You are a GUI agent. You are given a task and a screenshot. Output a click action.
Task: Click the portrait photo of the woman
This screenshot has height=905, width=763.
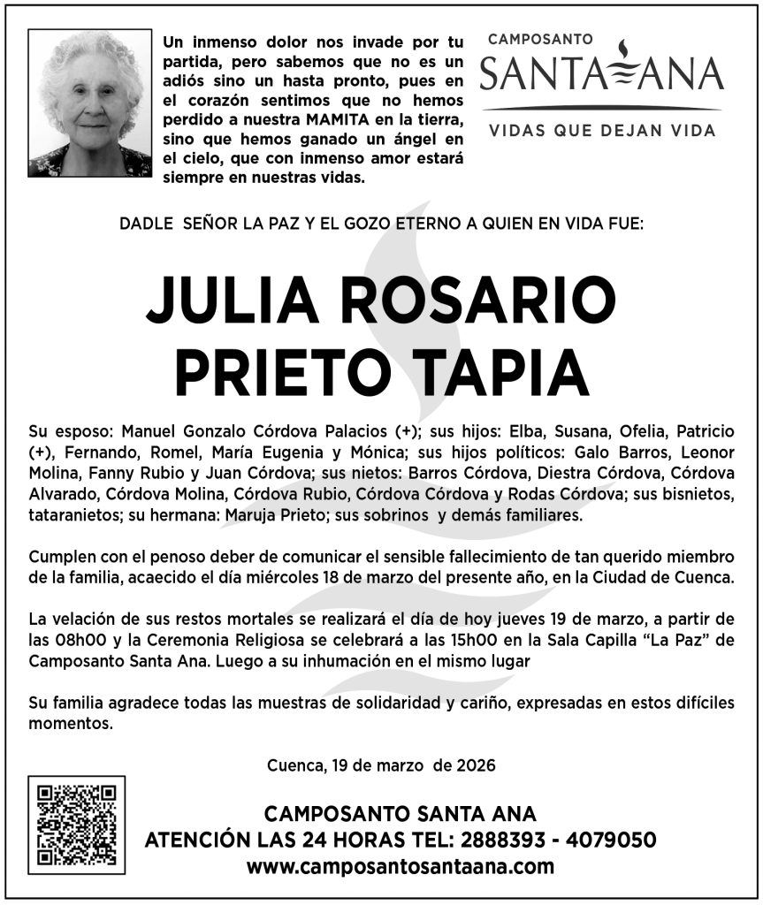[x=89, y=103]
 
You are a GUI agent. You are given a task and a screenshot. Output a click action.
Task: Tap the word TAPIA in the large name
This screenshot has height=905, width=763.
[x=504, y=371]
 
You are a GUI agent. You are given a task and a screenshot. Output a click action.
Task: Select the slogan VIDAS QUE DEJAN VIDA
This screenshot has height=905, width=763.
[x=601, y=130]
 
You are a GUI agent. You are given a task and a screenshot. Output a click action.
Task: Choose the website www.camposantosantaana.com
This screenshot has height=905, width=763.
[x=401, y=866]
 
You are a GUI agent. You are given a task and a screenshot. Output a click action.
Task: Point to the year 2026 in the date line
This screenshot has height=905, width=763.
[x=477, y=764]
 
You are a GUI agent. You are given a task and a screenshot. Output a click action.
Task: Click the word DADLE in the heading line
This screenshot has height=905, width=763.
[x=146, y=224]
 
